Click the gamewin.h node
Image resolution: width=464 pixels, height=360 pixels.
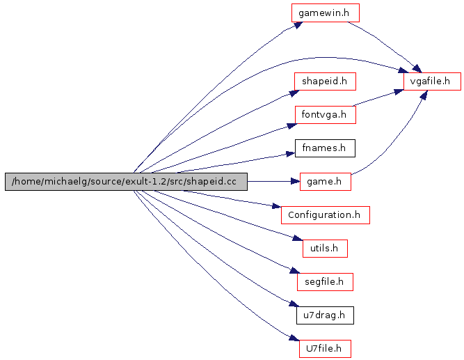click(x=324, y=13)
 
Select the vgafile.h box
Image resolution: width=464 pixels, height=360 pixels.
click(x=431, y=81)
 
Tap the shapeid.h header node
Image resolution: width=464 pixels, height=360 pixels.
click(x=324, y=81)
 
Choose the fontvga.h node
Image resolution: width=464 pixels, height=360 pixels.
click(x=325, y=114)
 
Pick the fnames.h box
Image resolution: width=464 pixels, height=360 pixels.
click(x=324, y=148)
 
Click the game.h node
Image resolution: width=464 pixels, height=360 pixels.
click(x=325, y=182)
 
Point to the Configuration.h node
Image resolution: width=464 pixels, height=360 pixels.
click(x=325, y=214)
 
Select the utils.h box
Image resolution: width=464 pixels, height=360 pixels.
click(x=324, y=248)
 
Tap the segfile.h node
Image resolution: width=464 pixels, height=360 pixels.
click(x=325, y=281)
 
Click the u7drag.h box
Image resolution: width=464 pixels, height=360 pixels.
click(x=324, y=315)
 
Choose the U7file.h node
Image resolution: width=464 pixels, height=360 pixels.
click(x=325, y=348)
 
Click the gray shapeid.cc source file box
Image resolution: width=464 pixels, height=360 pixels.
click(x=125, y=182)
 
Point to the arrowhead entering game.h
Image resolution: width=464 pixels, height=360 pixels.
click(x=294, y=182)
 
